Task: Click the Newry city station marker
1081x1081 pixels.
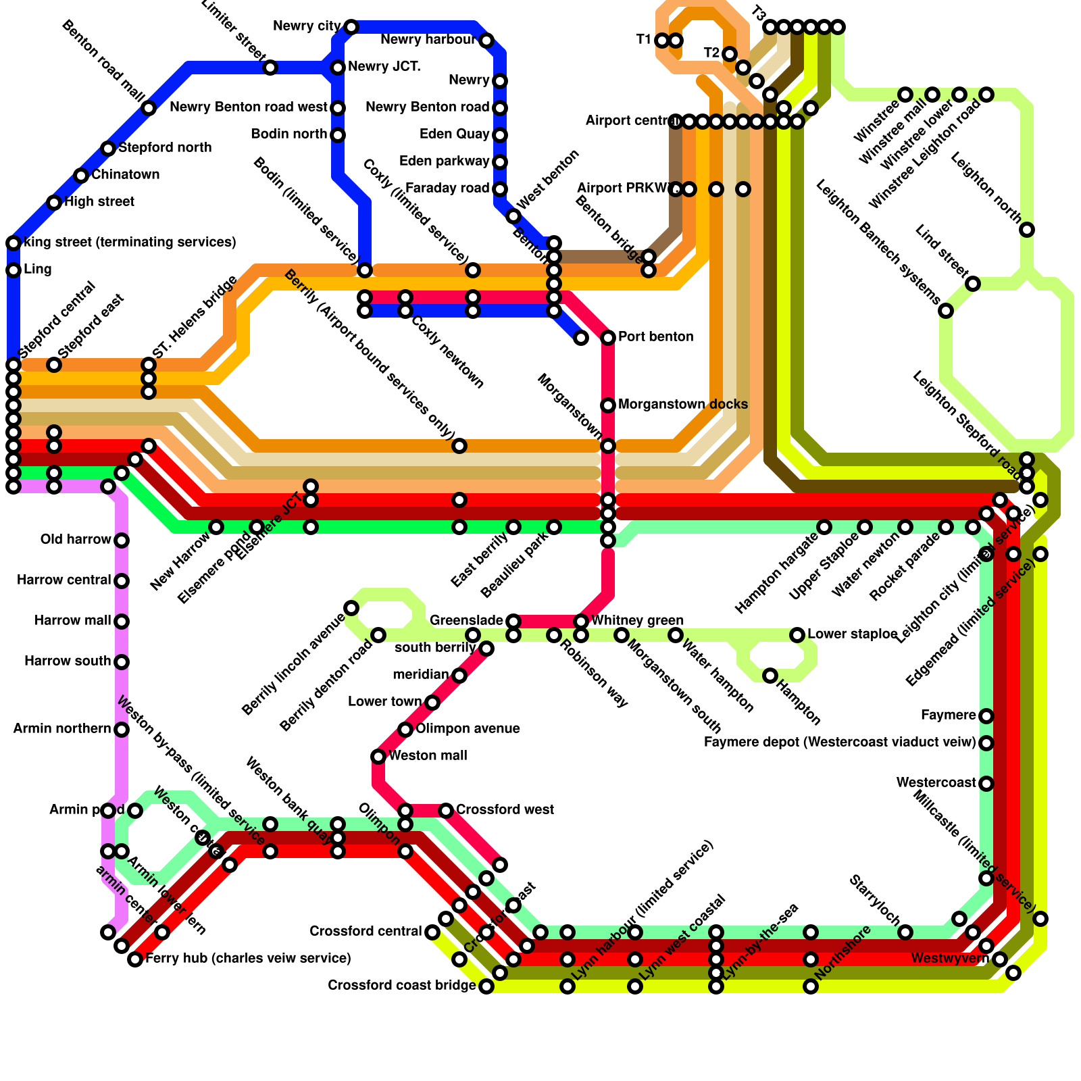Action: click(351, 27)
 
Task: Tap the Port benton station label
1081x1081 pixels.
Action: click(655, 337)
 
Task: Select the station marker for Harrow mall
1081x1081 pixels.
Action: click(122, 622)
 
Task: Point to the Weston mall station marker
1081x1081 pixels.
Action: click(378, 756)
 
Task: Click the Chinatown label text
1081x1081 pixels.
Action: click(126, 175)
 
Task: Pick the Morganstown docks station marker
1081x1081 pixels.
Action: click(608, 405)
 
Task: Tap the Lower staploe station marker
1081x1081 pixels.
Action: click(797, 635)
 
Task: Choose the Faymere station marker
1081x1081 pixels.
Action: click(986, 716)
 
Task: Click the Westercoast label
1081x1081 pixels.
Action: click(936, 783)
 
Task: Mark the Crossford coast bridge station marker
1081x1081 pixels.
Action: click(486, 986)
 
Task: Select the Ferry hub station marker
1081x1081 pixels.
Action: click(135, 959)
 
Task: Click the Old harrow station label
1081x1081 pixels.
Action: click(76, 540)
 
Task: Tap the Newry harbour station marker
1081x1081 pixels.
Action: click(486, 41)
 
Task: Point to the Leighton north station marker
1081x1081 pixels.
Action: click(1027, 230)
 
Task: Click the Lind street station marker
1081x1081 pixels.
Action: click(973, 284)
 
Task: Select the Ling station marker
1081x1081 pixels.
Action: click(14, 270)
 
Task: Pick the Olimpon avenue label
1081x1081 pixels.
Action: click(468, 729)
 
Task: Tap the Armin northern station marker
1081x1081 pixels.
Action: click(122, 730)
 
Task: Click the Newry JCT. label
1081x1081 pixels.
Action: click(384, 67)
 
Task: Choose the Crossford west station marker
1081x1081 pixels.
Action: click(446, 811)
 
